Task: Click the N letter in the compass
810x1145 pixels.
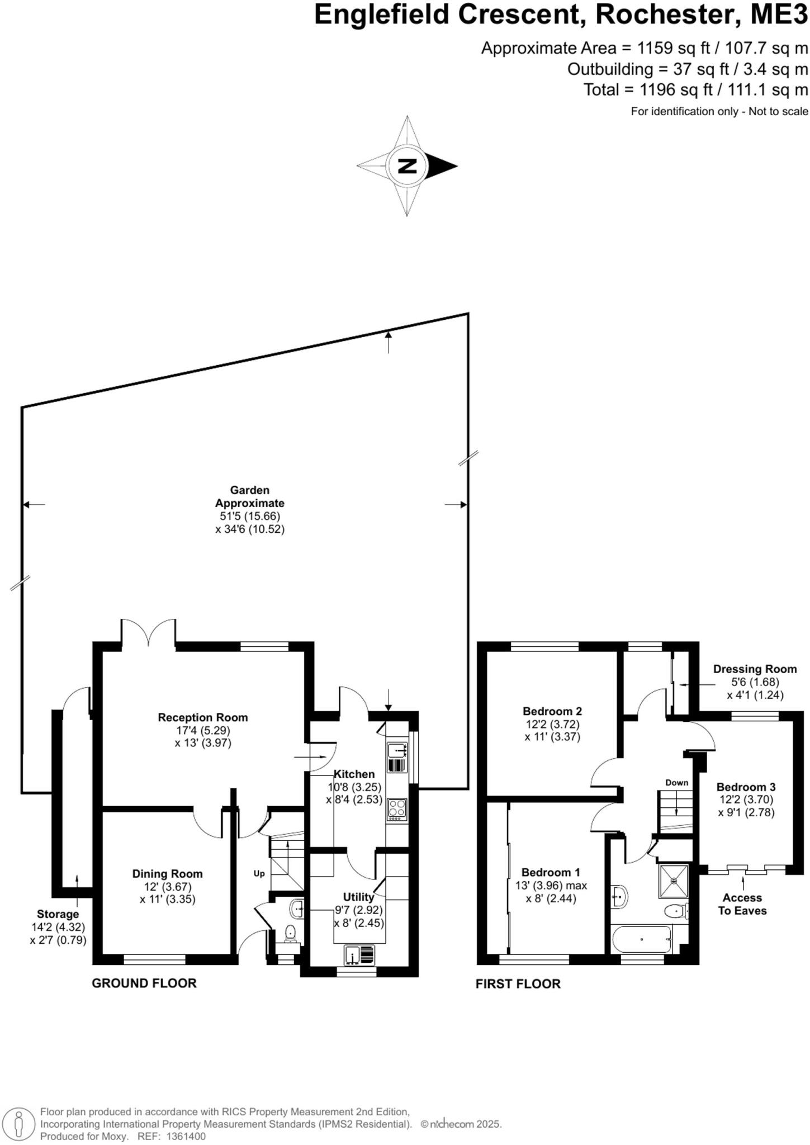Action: point(408,166)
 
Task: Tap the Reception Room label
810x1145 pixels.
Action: point(202,717)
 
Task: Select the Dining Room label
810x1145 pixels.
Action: point(167,874)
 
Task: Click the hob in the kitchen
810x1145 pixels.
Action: point(397,809)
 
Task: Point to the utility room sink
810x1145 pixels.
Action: point(359,954)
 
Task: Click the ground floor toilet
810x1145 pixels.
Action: point(290,932)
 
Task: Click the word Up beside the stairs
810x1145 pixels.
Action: point(259,873)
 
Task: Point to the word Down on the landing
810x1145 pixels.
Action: point(676,783)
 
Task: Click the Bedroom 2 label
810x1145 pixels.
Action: point(552,711)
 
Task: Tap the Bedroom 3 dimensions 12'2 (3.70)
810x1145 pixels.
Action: point(746,799)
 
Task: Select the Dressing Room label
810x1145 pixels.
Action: point(755,669)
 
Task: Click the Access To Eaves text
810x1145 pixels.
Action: point(742,904)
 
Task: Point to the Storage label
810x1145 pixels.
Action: point(58,914)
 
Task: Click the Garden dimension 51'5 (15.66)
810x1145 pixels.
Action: point(250,516)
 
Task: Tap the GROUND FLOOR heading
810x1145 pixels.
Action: point(144,999)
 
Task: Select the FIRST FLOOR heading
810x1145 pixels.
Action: point(518,999)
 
